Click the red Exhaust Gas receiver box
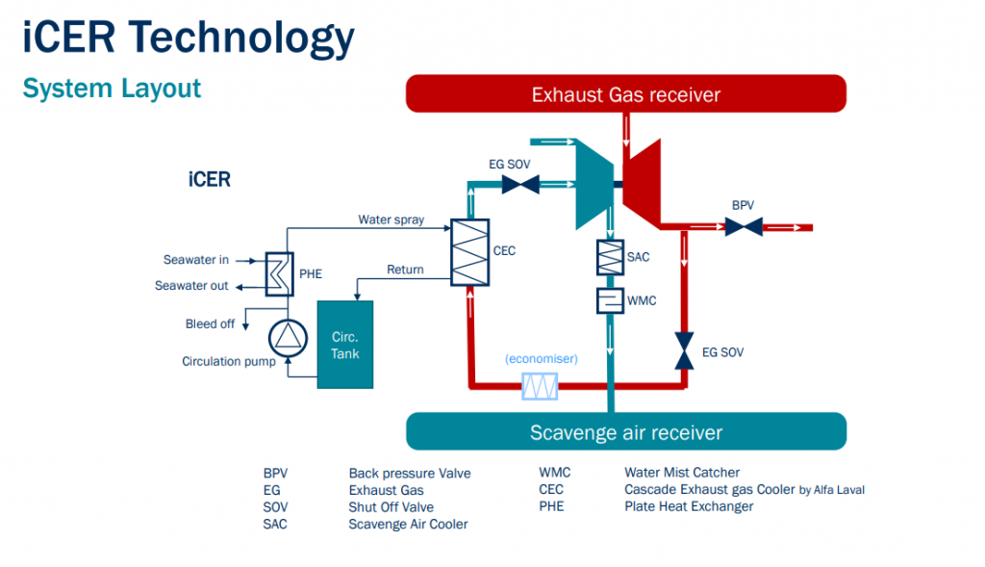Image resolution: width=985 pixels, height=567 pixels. point(626,93)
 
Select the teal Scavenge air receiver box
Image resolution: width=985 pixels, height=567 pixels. point(626,431)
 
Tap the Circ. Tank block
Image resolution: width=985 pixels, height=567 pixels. point(345,345)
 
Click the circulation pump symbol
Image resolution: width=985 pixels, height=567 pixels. point(286,335)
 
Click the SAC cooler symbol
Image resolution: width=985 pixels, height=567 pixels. point(611,257)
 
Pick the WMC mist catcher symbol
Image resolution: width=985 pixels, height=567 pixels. point(611,300)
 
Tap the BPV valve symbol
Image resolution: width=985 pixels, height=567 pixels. point(743,227)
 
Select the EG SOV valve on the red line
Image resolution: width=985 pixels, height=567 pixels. point(685,350)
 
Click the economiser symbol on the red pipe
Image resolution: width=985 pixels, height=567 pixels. point(540,387)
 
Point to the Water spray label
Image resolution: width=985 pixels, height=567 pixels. point(391,219)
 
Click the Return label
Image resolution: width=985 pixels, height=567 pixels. point(405,270)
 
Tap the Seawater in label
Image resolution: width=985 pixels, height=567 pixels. point(196,259)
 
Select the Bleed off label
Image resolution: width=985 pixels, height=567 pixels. point(210,323)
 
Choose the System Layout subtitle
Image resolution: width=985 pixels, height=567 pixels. point(112,89)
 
